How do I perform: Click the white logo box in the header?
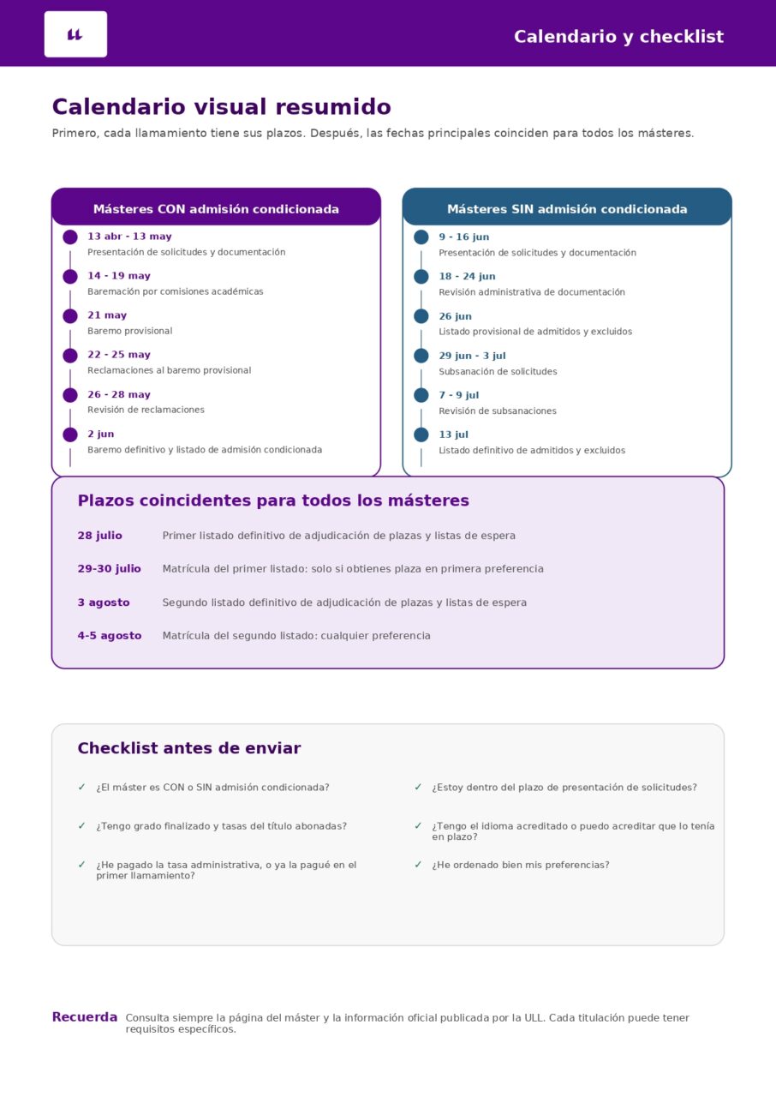(75, 34)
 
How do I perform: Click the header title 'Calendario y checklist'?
(618, 37)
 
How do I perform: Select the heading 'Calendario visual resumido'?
(221, 107)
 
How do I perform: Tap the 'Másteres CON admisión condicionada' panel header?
(216, 209)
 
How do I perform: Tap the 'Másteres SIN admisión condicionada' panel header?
(567, 209)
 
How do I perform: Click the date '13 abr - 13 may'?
(129, 237)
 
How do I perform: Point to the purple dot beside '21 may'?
(70, 316)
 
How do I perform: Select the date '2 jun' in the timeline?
(100, 435)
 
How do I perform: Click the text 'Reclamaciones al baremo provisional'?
(169, 370)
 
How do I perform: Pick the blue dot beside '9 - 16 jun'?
(421, 237)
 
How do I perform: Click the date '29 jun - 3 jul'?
(472, 356)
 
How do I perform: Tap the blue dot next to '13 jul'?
(421, 435)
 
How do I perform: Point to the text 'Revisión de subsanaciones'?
(497, 411)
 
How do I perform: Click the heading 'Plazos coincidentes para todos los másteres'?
(273, 501)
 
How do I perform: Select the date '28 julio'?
(99, 536)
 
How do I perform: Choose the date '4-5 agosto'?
(109, 636)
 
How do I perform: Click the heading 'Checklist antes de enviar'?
(188, 748)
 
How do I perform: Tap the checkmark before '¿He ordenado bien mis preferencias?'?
(418, 865)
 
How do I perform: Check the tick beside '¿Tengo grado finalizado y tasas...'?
(81, 826)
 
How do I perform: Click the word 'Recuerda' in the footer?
(84, 1017)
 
